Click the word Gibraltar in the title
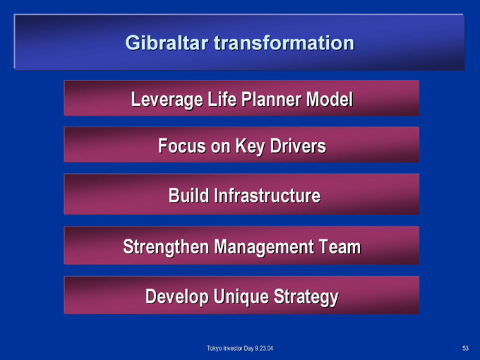click(167, 42)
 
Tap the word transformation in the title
click(284, 42)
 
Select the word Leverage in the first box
click(167, 100)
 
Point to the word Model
click(330, 100)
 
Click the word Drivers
click(298, 145)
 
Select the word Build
click(188, 196)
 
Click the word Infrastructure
click(267, 196)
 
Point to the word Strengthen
click(166, 247)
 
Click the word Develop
click(177, 296)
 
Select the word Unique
click(241, 296)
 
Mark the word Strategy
click(306, 296)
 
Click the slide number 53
click(465, 348)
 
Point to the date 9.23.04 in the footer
click(264, 349)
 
